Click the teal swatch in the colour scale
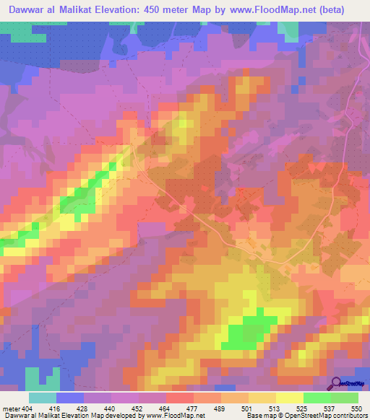43,398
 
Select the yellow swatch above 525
289,398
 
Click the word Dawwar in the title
30,9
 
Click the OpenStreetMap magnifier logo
336,382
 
